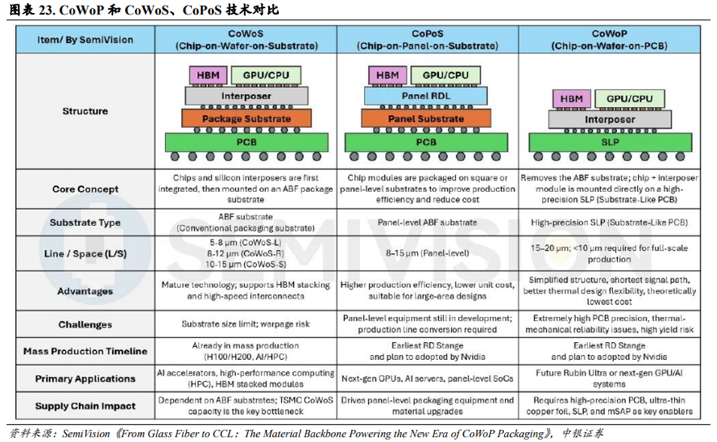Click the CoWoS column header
point(246,40)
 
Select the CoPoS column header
point(427,40)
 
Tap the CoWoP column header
point(609,40)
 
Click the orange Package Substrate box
point(246,118)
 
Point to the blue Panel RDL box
point(426,96)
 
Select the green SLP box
point(610,143)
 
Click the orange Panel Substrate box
point(426,118)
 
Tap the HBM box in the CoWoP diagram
point(571,99)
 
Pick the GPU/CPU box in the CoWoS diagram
point(266,75)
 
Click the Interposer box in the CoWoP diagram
point(610,120)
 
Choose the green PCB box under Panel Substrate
point(426,143)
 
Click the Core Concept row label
point(85,189)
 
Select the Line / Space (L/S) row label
point(85,253)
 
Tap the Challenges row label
point(85,324)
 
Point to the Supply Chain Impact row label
point(85,406)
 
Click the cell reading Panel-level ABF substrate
point(427,222)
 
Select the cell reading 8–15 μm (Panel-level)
point(427,253)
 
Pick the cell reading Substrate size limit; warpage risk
point(246,324)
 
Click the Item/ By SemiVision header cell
point(85,40)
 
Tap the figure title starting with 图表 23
point(143,10)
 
